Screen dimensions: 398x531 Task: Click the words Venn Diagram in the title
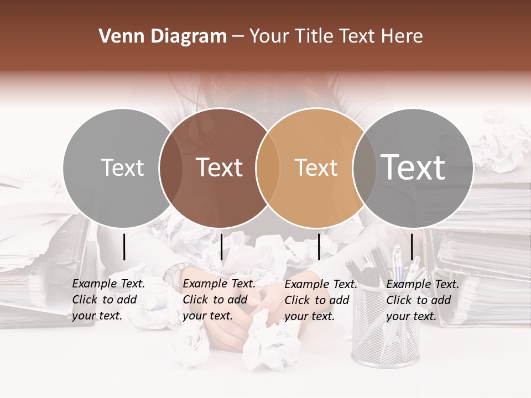point(162,36)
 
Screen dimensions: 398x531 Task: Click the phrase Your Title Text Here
point(336,36)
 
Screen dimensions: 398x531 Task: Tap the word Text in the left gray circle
point(122,167)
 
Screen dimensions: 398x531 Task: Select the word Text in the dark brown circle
point(220,167)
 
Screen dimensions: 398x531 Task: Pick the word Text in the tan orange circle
point(316,167)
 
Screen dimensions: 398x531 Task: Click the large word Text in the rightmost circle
point(413,167)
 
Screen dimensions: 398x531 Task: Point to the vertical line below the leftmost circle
point(124,247)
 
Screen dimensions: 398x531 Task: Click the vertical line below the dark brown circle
point(221,247)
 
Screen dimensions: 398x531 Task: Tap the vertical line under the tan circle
point(319,247)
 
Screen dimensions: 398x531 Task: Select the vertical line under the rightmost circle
point(412,247)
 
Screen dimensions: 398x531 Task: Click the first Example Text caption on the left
point(108,300)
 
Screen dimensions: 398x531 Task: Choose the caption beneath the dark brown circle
point(218,300)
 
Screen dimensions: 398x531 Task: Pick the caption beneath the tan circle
point(320,300)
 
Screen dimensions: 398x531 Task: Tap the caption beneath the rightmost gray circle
point(422,300)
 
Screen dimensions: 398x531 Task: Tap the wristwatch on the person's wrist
point(176,274)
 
